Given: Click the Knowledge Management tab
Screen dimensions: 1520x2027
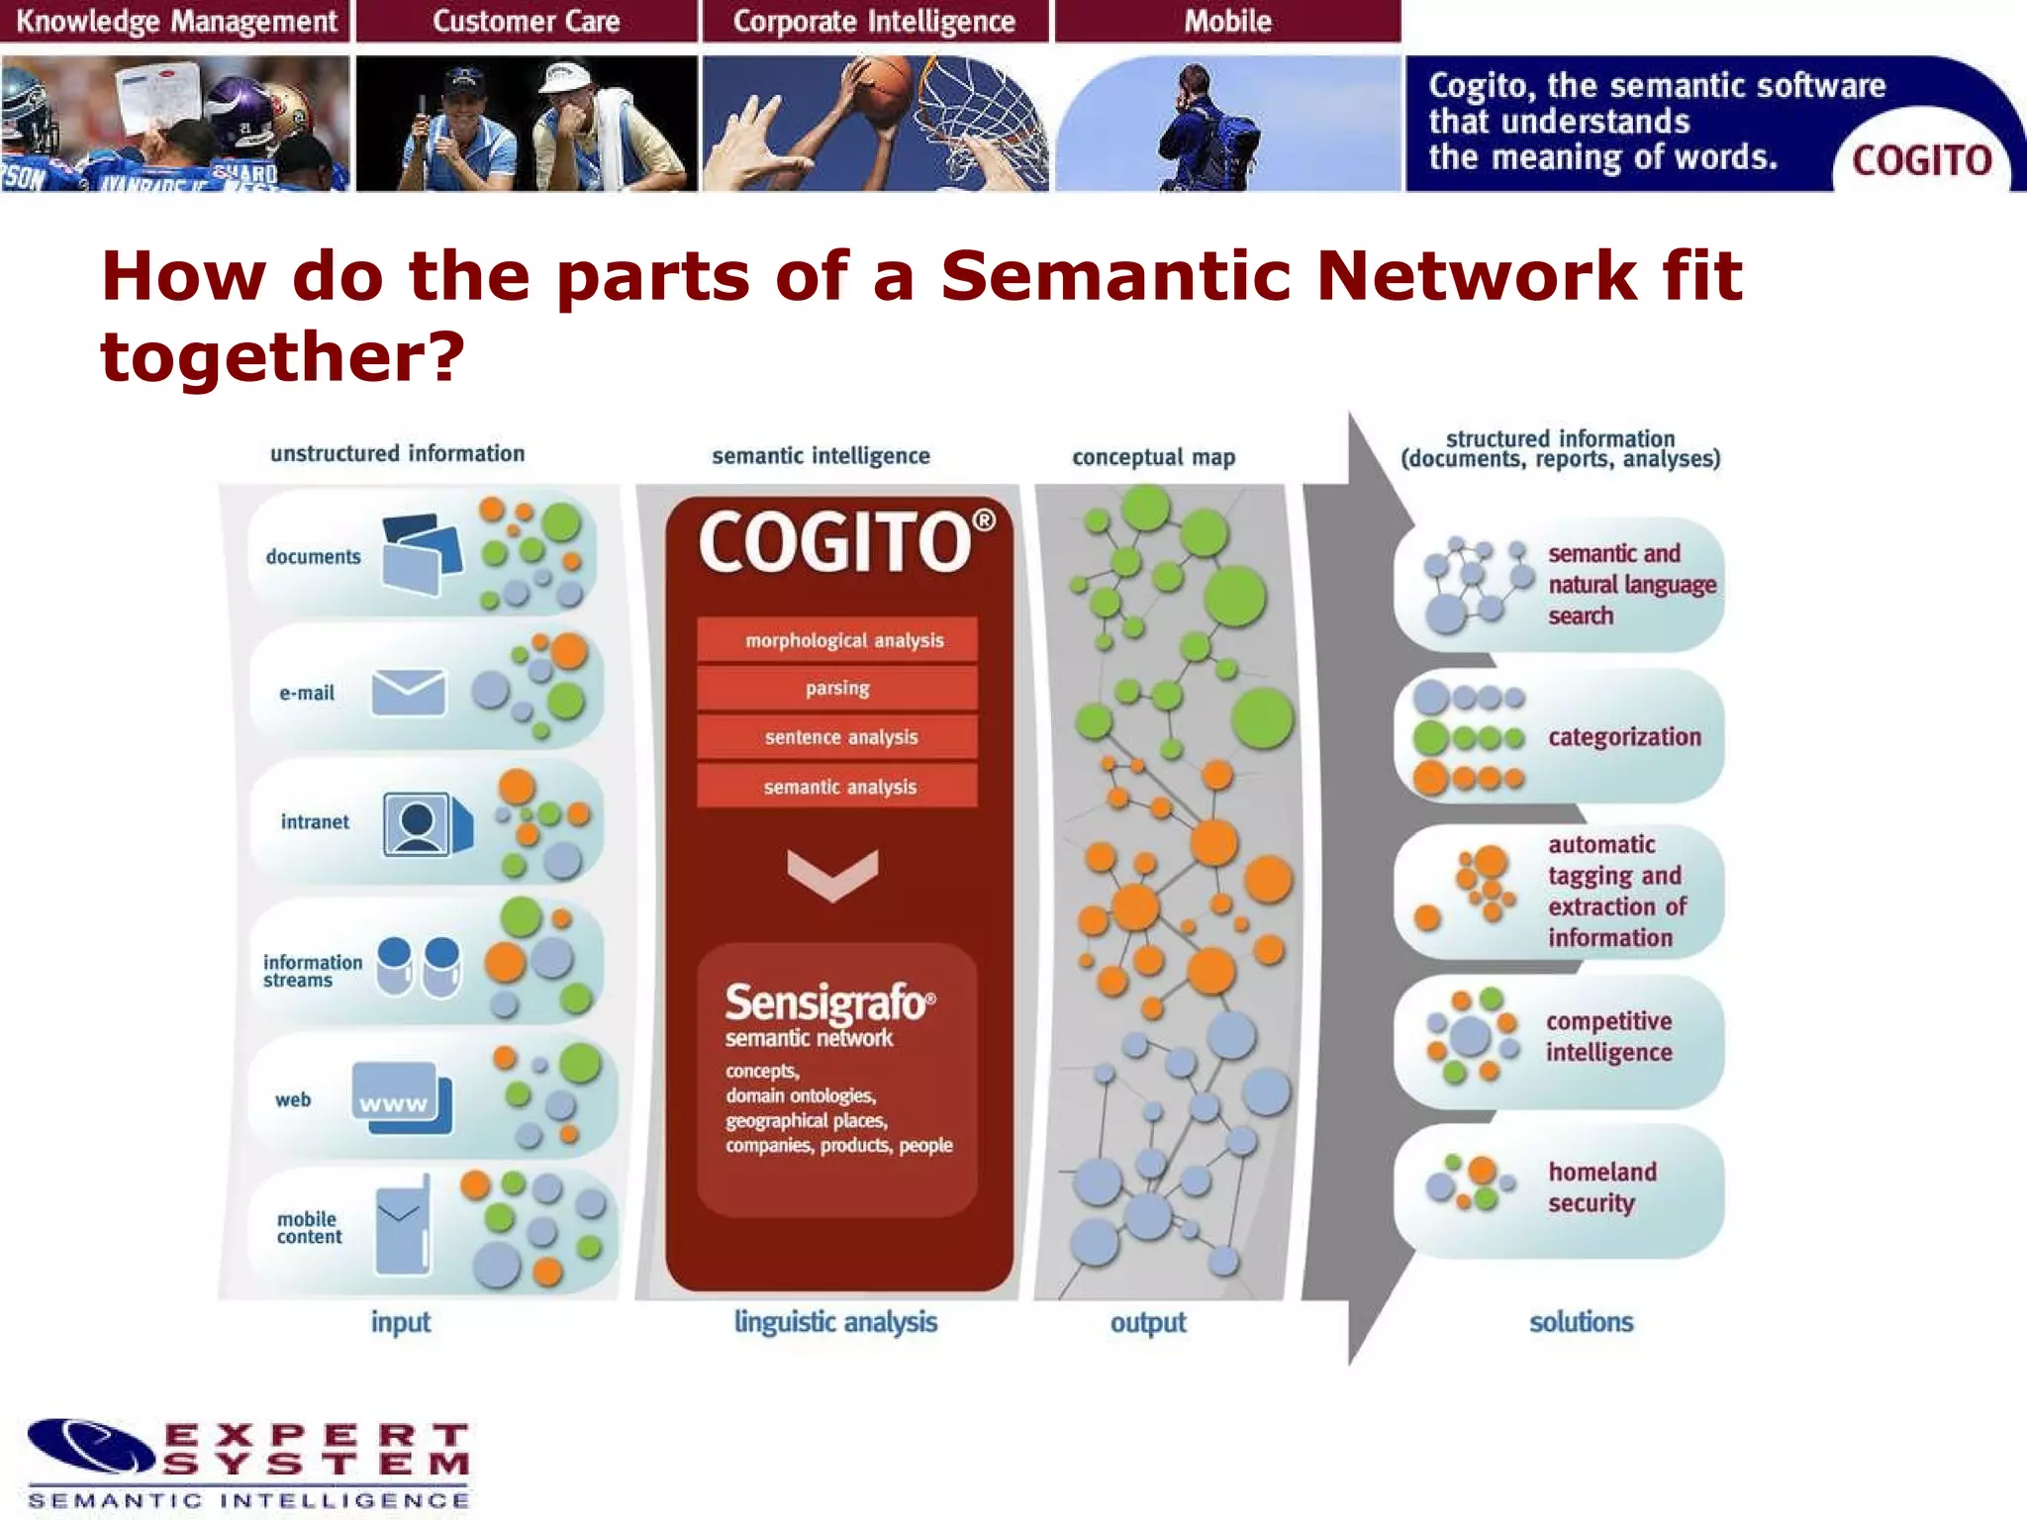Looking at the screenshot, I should (x=176, y=21).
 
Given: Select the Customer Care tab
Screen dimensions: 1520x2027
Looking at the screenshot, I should (x=526, y=21).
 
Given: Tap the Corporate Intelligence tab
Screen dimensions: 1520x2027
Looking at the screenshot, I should (x=874, y=21).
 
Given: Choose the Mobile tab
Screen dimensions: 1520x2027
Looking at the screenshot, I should (x=1227, y=21).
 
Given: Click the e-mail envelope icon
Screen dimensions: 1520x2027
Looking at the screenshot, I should (x=408, y=692).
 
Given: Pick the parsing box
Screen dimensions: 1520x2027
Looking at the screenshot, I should (x=837, y=688).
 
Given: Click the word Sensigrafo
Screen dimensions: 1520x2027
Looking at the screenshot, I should (x=826, y=1002).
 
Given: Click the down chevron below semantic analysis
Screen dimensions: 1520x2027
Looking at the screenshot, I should (x=832, y=874).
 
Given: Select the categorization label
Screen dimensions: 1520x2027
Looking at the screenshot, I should (x=1623, y=737).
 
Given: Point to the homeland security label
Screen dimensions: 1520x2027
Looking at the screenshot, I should (x=1600, y=1187).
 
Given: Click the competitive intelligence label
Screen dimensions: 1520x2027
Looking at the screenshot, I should (x=1608, y=1037).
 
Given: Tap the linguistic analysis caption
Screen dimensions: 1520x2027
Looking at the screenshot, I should (x=835, y=1322).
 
